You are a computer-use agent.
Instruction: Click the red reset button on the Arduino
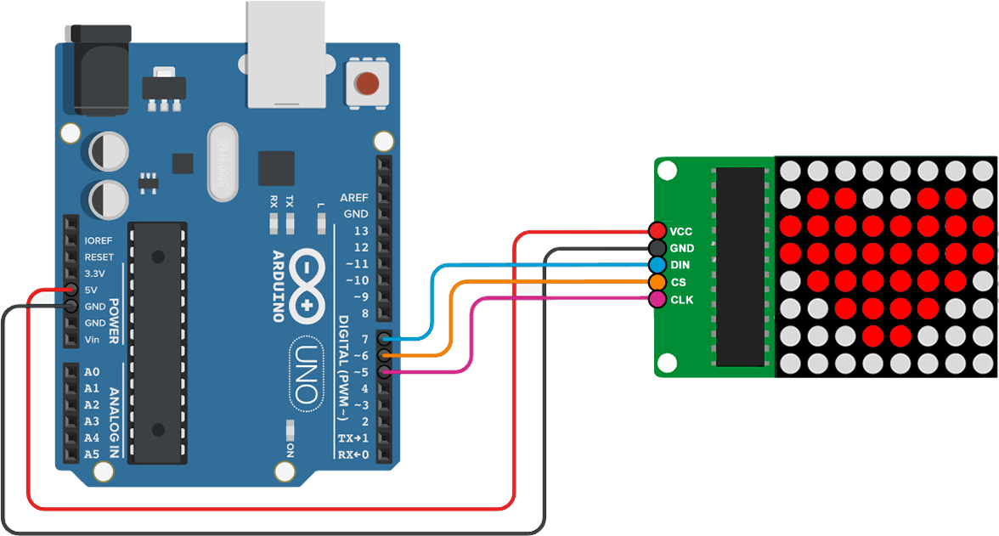[367, 84]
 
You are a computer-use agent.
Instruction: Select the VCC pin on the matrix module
[657, 231]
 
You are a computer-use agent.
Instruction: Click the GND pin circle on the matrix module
[657, 248]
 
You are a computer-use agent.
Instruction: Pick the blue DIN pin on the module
[657, 265]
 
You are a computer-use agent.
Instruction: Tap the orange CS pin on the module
[657, 282]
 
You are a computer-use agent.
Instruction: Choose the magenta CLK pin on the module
[657, 299]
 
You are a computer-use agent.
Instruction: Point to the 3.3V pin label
[95, 274]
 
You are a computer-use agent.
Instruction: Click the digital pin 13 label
[361, 231]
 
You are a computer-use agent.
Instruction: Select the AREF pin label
[354, 197]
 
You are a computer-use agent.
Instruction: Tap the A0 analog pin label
[92, 372]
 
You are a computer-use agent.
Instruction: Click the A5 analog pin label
[92, 454]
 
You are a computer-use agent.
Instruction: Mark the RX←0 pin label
[353, 454]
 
